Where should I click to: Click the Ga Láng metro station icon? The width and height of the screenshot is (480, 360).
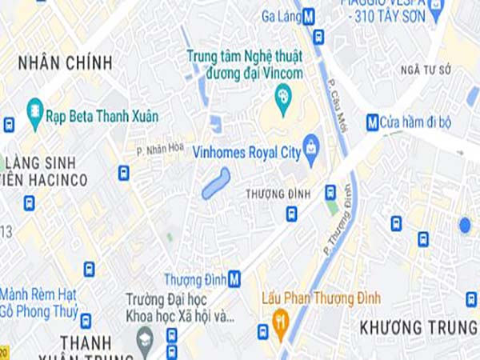pyautogui.click(x=309, y=14)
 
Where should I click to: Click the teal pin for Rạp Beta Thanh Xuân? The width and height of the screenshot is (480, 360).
pyautogui.click(x=34, y=115)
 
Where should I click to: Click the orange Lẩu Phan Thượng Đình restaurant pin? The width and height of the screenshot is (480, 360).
pyautogui.click(x=280, y=324)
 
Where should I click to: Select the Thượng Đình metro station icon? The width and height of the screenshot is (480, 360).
pyautogui.click(x=234, y=279)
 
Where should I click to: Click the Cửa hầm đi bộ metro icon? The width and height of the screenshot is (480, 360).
pyautogui.click(x=372, y=122)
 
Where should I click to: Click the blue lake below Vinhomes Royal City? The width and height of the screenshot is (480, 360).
pyautogui.click(x=216, y=183)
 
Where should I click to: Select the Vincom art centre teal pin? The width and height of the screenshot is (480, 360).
pyautogui.click(x=282, y=99)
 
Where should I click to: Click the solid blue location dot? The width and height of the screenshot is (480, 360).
pyautogui.click(x=465, y=225)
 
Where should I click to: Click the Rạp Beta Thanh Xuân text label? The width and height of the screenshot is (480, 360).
pyautogui.click(x=102, y=116)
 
